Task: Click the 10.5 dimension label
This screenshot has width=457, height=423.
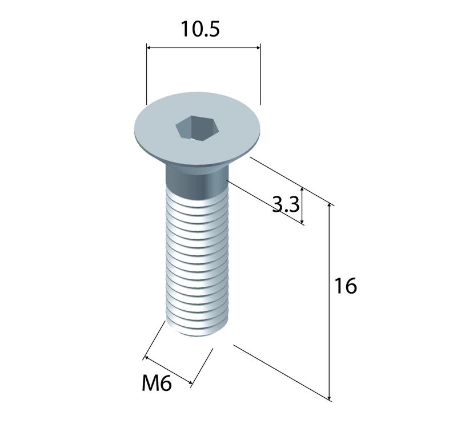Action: [200, 29]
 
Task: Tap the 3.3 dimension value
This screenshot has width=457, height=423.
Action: [286, 204]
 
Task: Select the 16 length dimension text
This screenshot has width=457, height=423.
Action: [345, 286]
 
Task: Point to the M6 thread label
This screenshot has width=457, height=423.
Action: [157, 383]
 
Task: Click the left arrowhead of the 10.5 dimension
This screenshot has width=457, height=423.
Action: [149, 48]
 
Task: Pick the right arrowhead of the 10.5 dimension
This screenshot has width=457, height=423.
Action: [258, 48]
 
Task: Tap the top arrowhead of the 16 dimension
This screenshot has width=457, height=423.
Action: [330, 205]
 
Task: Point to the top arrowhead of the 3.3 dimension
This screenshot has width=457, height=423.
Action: [302, 191]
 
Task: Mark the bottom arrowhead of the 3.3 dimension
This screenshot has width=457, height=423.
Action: [302, 222]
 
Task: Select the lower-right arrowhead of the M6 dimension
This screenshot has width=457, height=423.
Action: [190, 382]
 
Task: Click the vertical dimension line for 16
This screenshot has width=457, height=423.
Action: [330, 301]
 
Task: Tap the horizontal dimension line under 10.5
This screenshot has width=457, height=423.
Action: [203, 48]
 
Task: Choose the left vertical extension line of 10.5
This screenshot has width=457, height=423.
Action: [146, 74]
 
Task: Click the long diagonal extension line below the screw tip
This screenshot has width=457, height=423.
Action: [282, 373]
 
